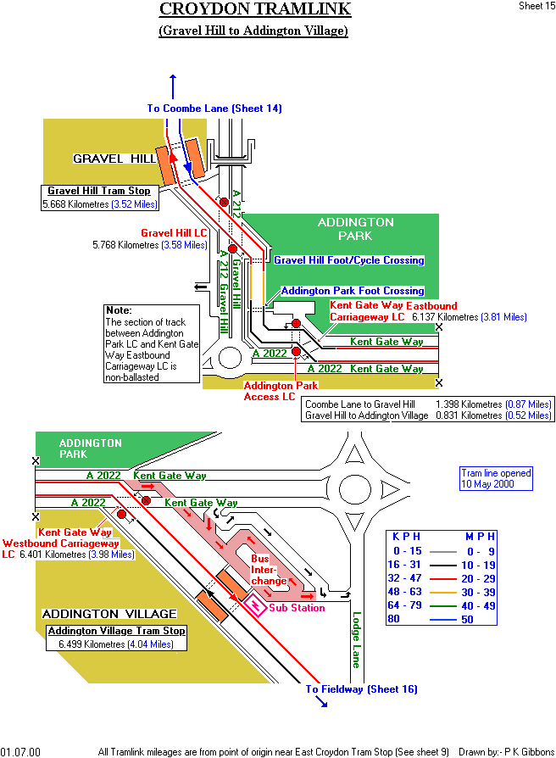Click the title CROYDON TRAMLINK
coord(254,10)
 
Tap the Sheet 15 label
coord(537,6)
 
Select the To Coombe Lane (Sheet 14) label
coord(214,109)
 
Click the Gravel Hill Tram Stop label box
coord(98,192)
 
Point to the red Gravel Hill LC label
coord(174,232)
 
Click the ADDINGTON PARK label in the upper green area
coord(355,229)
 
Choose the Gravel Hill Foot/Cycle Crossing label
coord(348,260)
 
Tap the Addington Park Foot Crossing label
coord(352,291)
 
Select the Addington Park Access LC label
coord(270,391)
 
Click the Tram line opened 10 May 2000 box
coord(496,479)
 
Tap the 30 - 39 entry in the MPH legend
coord(477,592)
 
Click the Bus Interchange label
coord(263,570)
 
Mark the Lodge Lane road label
coord(357,639)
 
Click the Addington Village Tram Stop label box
coord(116,632)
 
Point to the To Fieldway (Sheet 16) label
coord(361,689)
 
